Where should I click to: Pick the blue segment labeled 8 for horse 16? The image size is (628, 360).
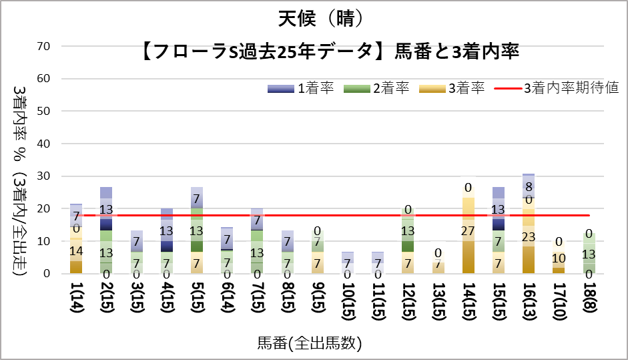point(529,186)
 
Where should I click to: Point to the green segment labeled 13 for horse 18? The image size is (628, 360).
point(589,254)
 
